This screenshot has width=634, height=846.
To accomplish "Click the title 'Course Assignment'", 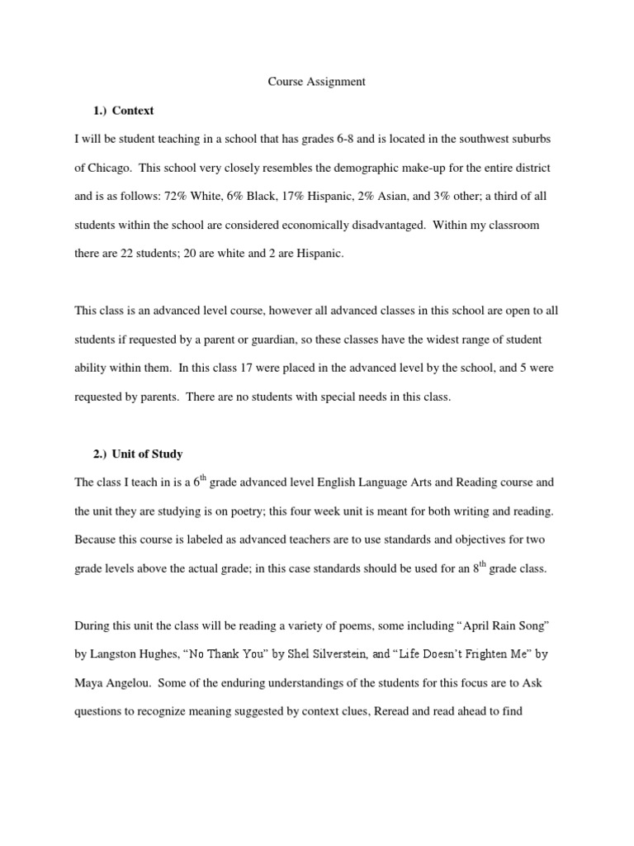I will point(317,82).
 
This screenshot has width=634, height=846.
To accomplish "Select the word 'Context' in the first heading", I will point(133,110).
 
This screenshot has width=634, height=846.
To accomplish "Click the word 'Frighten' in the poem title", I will point(471,655).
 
